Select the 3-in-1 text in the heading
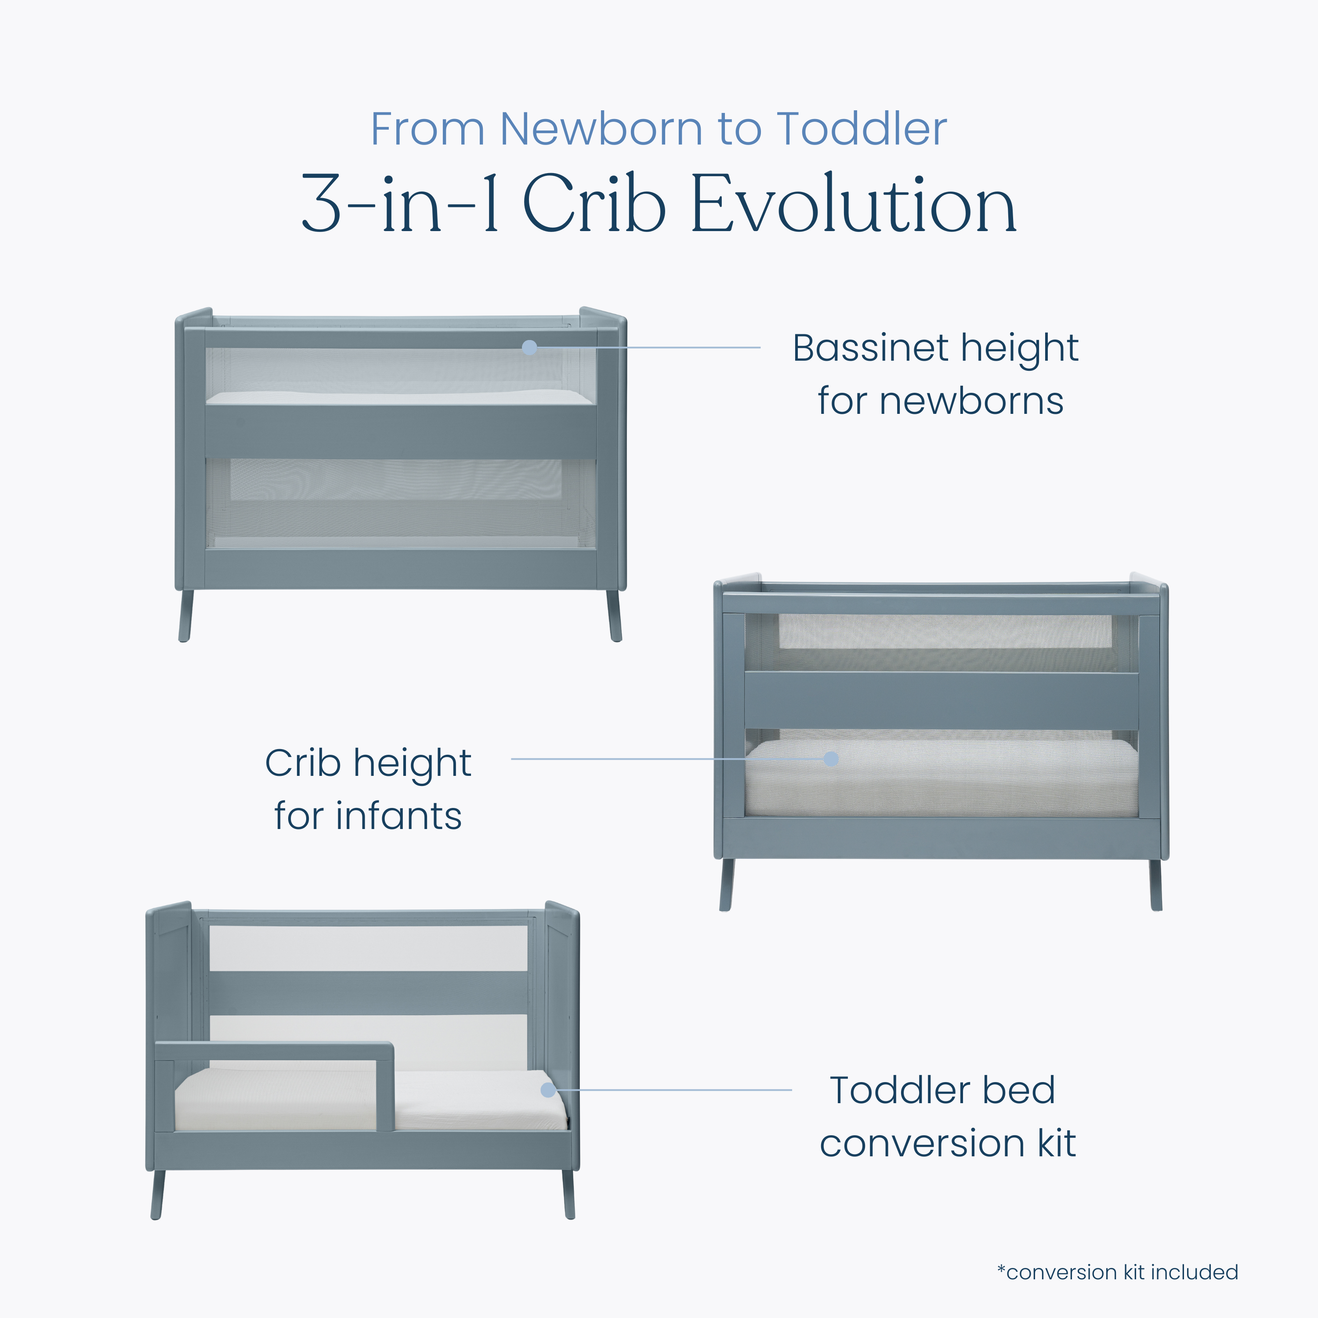coord(400,204)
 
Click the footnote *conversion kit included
coord(1117,1272)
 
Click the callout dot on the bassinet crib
coord(529,347)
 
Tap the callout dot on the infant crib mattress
coord(831,759)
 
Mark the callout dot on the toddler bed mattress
coord(548,1090)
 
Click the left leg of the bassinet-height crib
coord(185,616)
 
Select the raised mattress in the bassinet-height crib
coord(400,398)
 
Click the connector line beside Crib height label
coord(670,759)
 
